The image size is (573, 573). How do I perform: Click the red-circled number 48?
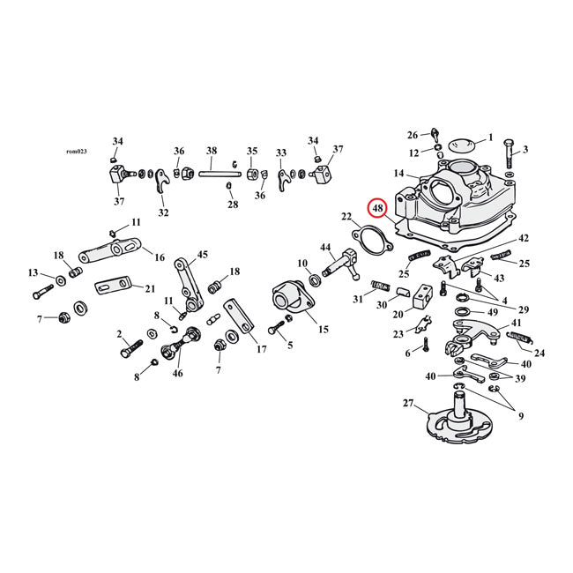pyautogui.click(x=378, y=208)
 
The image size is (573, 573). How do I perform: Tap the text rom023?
pyautogui.click(x=78, y=152)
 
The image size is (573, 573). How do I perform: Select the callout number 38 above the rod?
pyautogui.click(x=212, y=151)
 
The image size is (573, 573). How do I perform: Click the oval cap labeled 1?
pyautogui.click(x=455, y=141)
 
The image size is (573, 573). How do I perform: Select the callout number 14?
pyautogui.click(x=399, y=174)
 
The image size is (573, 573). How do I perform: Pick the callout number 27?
pyautogui.click(x=407, y=403)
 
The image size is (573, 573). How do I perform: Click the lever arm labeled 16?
pyautogui.click(x=111, y=254)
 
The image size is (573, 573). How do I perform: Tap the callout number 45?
pyautogui.click(x=203, y=255)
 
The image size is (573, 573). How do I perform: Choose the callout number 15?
pyautogui.click(x=323, y=329)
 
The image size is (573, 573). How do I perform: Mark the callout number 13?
pyautogui.click(x=33, y=272)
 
